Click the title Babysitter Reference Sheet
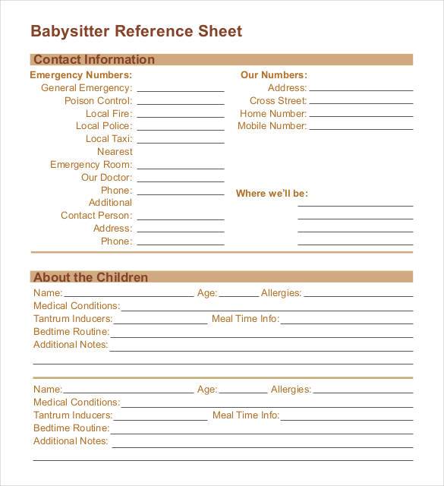tap(136, 31)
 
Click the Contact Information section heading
tap(94, 59)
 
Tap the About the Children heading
tap(91, 277)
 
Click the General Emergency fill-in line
tap(180, 90)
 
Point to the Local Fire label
tap(109, 113)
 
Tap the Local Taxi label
tap(109, 139)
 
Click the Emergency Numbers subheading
tap(80, 75)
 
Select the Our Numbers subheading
tap(273, 75)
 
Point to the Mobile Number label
tap(272, 126)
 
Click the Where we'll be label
tap(272, 194)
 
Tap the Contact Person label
tap(96, 216)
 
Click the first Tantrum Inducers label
tap(73, 319)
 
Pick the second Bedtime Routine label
tap(71, 428)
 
